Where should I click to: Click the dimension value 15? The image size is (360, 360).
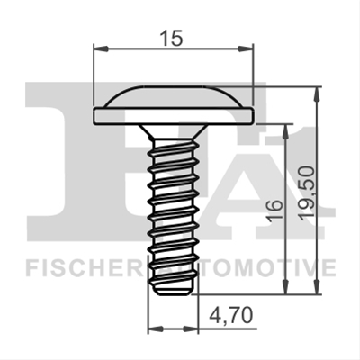171,39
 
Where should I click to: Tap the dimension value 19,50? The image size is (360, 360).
309,193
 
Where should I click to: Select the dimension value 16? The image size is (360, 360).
274,211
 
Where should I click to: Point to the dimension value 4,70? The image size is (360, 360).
230,315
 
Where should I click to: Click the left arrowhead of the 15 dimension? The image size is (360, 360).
101,49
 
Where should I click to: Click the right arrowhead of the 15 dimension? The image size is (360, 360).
246,49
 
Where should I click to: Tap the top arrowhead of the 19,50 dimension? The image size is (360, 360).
316,94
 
